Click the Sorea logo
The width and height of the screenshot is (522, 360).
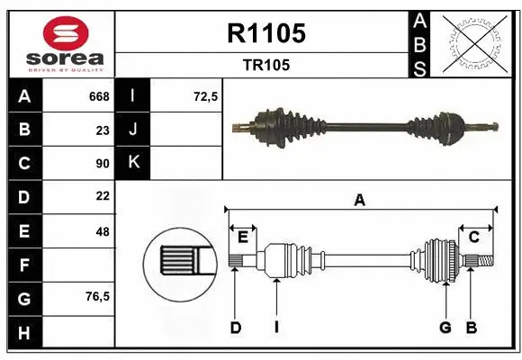(61, 43)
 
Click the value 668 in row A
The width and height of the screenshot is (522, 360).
(99, 96)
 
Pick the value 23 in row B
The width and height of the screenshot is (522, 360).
(103, 130)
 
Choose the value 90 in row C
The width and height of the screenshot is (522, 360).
(103, 164)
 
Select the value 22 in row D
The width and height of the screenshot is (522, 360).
(103, 196)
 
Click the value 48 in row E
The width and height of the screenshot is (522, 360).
(103, 231)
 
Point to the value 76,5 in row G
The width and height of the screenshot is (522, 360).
(97, 296)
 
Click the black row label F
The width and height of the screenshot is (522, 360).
(23, 265)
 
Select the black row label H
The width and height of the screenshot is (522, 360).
(23, 332)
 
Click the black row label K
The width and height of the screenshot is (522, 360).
(134, 163)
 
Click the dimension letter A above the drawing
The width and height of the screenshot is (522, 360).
(360, 201)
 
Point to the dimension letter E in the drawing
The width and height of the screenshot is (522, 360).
(242, 237)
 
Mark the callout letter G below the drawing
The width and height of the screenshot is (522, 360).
(445, 328)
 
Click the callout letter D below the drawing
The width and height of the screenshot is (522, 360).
(235, 328)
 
